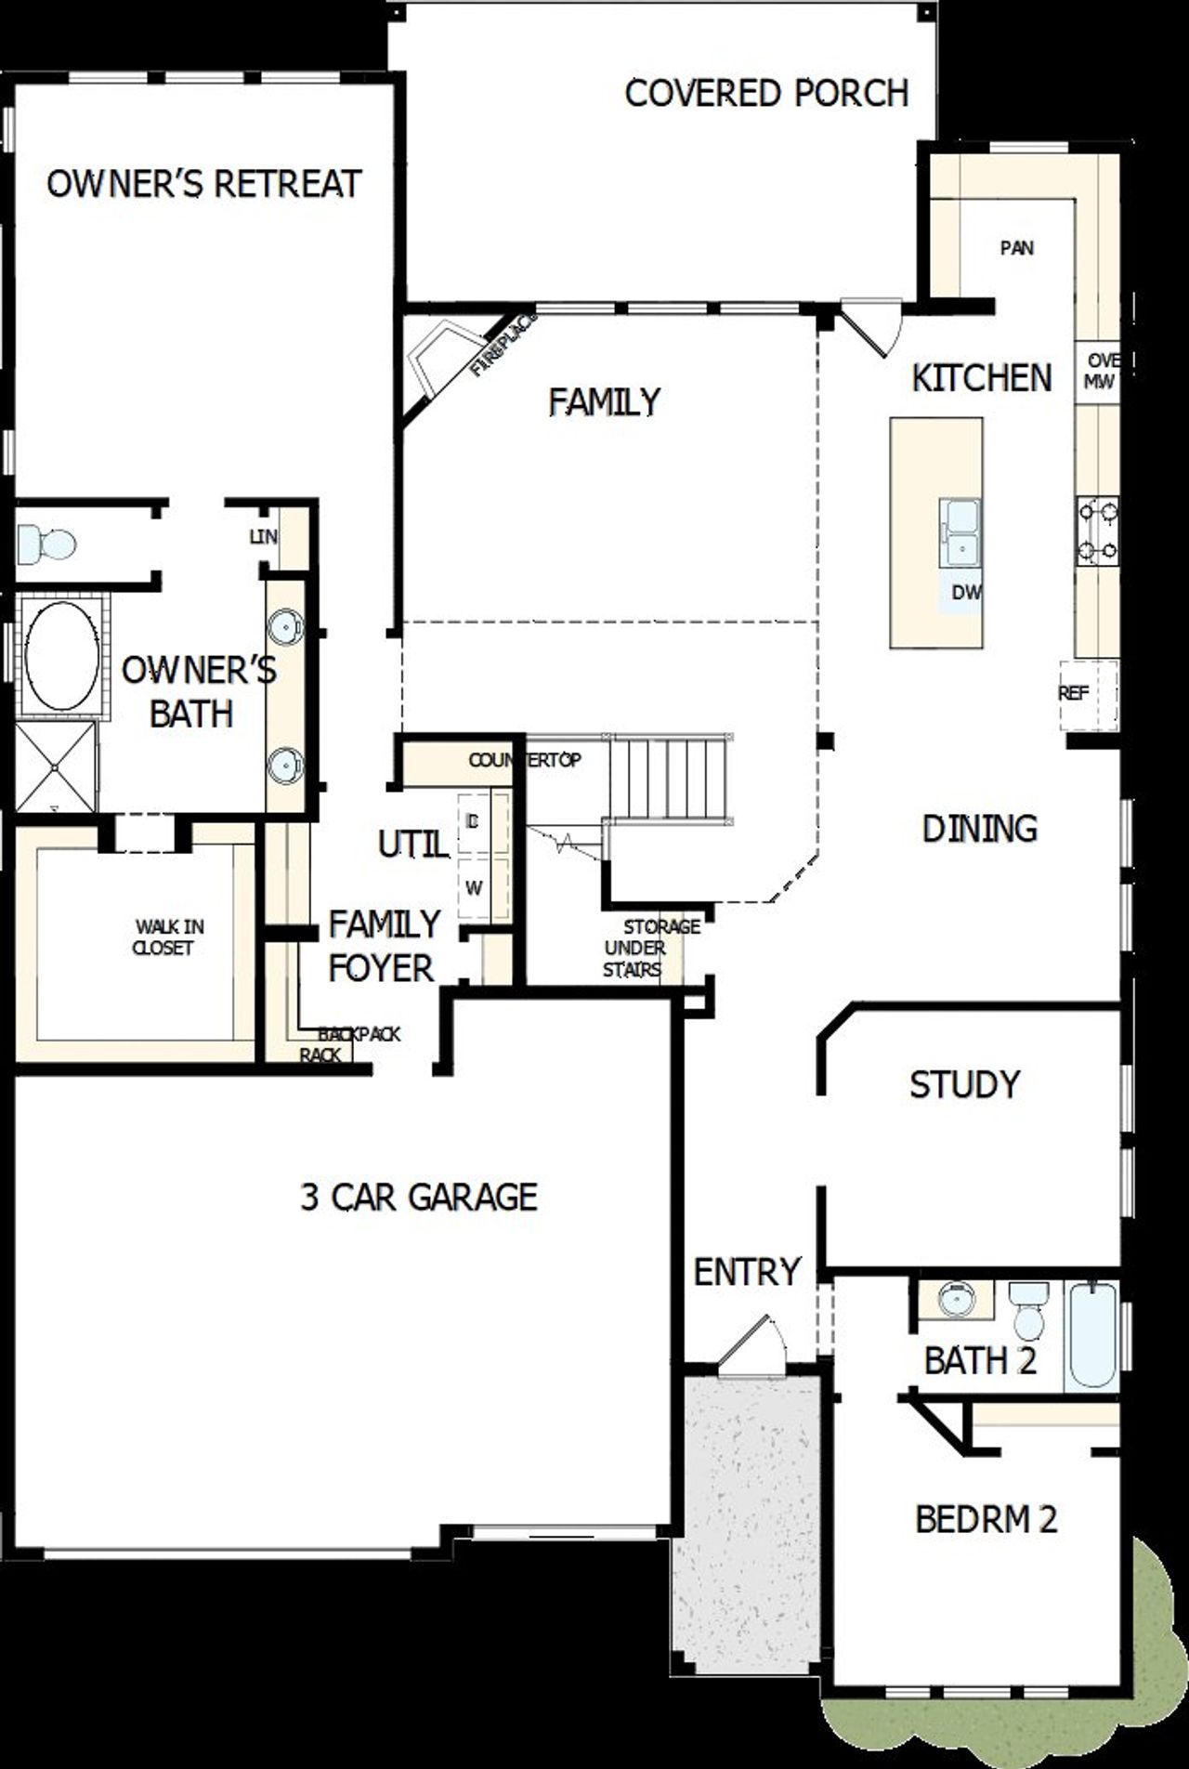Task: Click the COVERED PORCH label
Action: tap(766, 94)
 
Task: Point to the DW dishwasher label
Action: tap(966, 592)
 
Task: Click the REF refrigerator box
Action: tap(1087, 694)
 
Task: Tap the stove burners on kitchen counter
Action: tap(1097, 531)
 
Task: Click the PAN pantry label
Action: tap(1017, 248)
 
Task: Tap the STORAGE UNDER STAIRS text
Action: tap(650, 948)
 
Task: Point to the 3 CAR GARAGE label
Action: tap(419, 1197)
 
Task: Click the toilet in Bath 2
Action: tap(1028, 1310)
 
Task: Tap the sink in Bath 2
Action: tap(956, 1299)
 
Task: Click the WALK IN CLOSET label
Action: tap(164, 937)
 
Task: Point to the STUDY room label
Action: tap(964, 1084)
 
